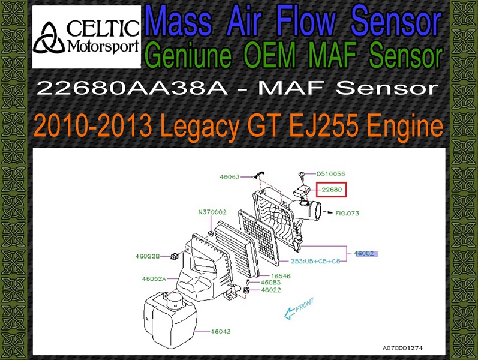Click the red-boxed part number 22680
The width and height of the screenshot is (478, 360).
332,190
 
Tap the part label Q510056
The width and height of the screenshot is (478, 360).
330,174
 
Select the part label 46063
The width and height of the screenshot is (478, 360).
230,177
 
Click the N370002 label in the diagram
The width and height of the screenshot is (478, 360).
212,212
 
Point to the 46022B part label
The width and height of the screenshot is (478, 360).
148,256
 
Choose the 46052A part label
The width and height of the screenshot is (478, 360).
154,278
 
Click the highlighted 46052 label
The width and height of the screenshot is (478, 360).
364,253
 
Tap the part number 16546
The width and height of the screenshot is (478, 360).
281,276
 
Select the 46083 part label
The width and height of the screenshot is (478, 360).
270,283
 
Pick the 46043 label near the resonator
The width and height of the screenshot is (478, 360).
221,331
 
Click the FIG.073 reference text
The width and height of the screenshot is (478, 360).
347,213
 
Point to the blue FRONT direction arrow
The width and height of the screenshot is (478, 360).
298,309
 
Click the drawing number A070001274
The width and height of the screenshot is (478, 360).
402,348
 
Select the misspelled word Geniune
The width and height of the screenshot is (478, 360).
190,55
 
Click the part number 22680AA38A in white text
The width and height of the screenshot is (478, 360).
133,88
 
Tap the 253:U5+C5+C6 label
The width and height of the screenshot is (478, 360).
315,261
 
